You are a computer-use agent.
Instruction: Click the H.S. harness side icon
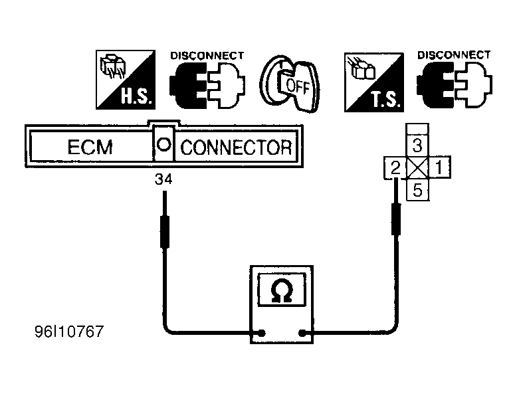pyautogui.click(x=126, y=80)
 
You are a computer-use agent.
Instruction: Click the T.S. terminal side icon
pyautogui.click(x=374, y=82)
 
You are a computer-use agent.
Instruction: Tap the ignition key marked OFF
pyautogui.click(x=290, y=84)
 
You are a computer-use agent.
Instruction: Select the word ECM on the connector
pyautogui.click(x=90, y=147)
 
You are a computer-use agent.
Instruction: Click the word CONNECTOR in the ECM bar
pyautogui.click(x=236, y=148)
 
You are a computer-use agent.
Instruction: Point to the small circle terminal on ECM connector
pyautogui.click(x=163, y=144)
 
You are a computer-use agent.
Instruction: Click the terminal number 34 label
pyautogui.click(x=163, y=179)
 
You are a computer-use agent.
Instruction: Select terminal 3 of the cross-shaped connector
pyautogui.click(x=417, y=145)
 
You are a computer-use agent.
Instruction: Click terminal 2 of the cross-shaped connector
pyautogui.click(x=395, y=168)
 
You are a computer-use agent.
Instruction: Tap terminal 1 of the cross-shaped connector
pyautogui.click(x=439, y=167)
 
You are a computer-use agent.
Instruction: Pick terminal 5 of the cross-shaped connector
pyautogui.click(x=418, y=190)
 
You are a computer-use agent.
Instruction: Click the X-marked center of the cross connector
pyautogui.click(x=417, y=167)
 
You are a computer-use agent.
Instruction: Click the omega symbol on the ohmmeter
pyautogui.click(x=281, y=290)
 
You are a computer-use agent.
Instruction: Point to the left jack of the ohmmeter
pyautogui.click(x=261, y=333)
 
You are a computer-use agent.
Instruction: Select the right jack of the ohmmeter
pyautogui.click(x=302, y=333)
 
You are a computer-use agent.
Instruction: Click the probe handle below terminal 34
pyautogui.click(x=165, y=232)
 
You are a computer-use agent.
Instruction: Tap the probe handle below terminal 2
pyautogui.click(x=396, y=219)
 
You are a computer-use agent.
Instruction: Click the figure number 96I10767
pyautogui.click(x=69, y=332)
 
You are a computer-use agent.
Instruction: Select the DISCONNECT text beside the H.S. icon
pyautogui.click(x=207, y=56)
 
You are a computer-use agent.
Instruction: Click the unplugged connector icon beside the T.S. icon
pyautogui.click(x=455, y=84)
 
